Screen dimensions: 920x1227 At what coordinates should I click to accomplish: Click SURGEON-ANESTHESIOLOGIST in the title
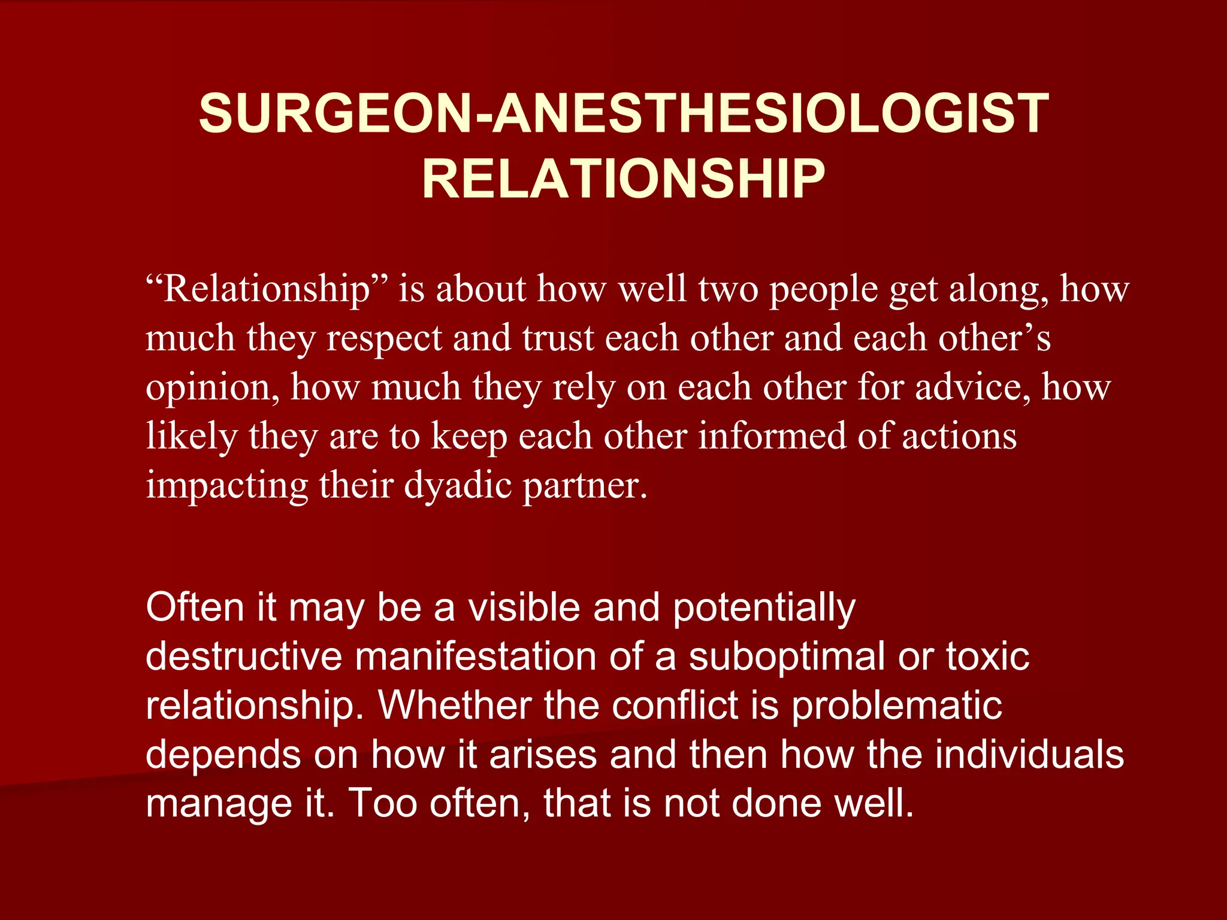[623, 113]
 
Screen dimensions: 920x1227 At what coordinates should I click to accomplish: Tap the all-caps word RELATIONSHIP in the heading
[623, 179]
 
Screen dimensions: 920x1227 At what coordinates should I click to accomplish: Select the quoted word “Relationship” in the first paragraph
[267, 289]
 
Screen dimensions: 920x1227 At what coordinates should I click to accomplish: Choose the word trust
[557, 338]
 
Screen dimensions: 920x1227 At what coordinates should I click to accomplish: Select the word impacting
[226, 486]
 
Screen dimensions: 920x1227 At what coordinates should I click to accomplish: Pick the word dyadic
[458, 485]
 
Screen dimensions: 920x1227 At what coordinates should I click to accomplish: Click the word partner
[585, 486]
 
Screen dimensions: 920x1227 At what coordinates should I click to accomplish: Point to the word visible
[524, 607]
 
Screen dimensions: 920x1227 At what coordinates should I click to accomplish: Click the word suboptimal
[787, 658]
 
